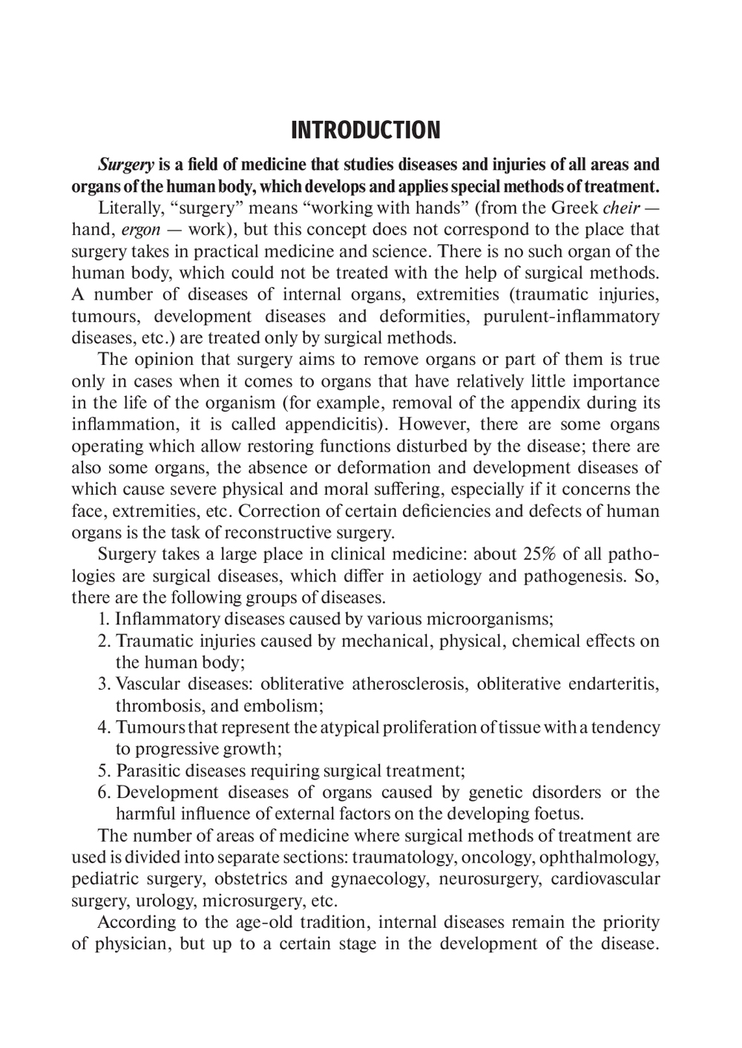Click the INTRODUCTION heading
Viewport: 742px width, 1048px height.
click(x=365, y=131)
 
